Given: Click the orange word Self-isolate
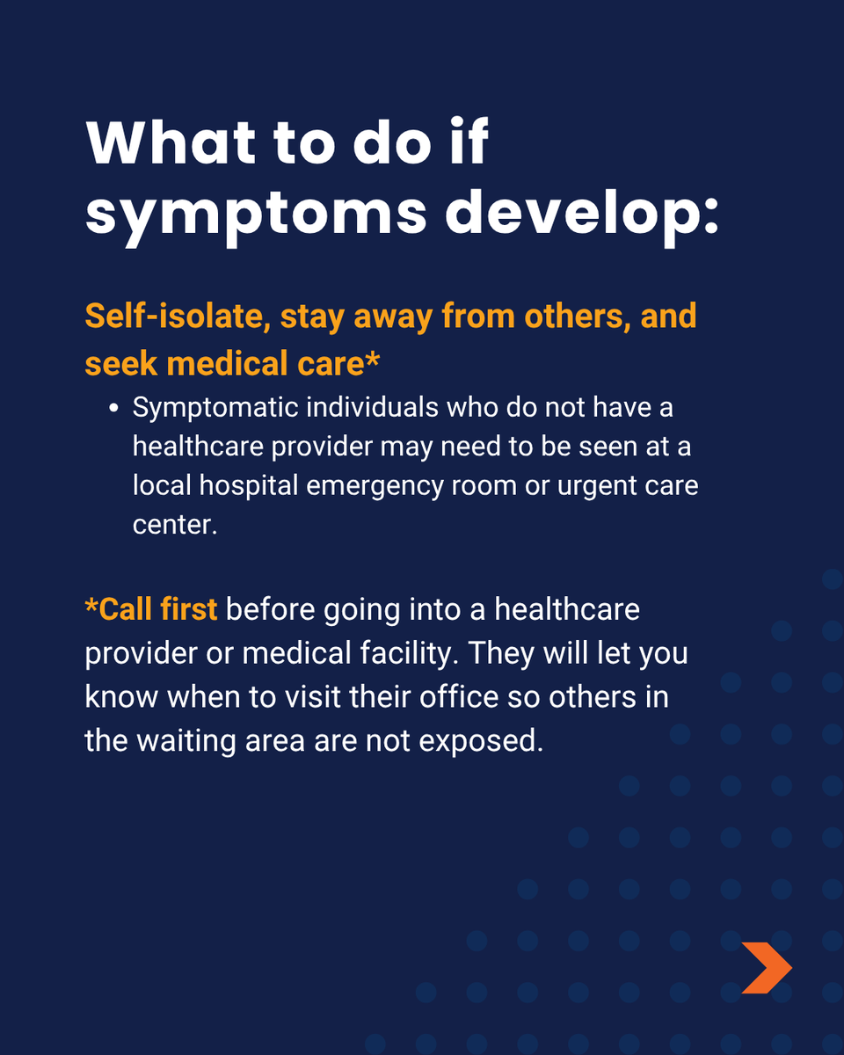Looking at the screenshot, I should point(174,317).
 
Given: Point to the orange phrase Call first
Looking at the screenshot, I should point(151,609).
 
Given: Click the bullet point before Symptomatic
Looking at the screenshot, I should point(113,410).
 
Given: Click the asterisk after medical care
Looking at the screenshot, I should point(373,360).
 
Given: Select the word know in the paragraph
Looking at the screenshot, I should point(120,697).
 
